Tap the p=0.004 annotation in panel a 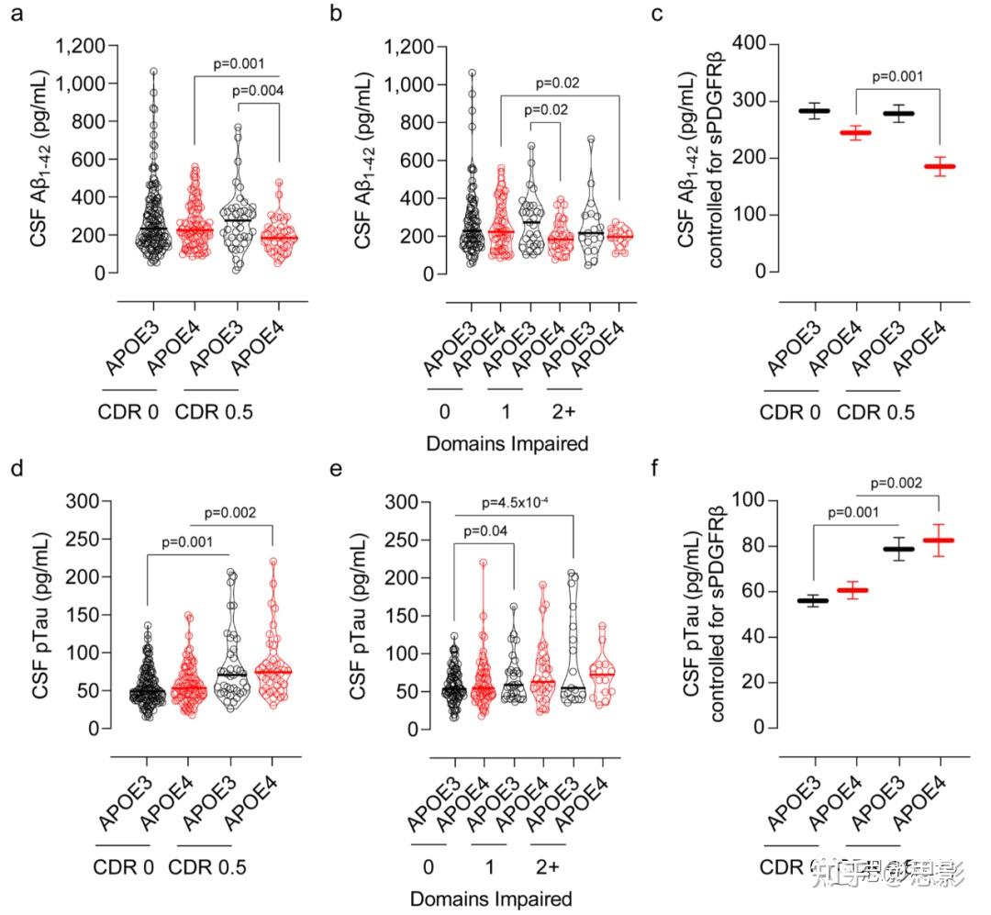pyautogui.click(x=256, y=90)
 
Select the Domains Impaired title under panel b pyautogui.click(x=507, y=444)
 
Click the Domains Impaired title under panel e pyautogui.click(x=491, y=898)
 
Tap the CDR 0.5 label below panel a pyautogui.click(x=214, y=412)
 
